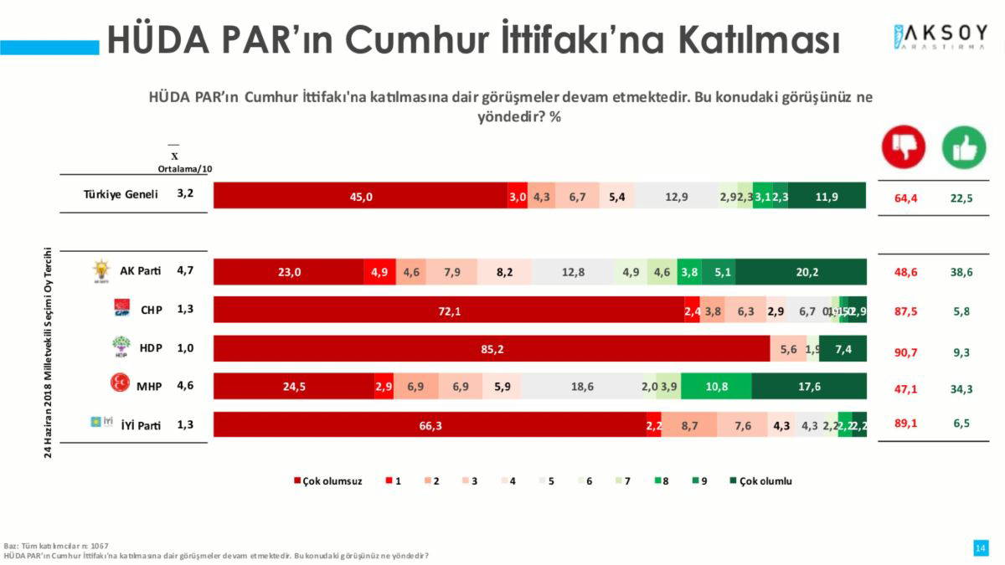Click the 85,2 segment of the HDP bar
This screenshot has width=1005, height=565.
pyautogui.click(x=492, y=349)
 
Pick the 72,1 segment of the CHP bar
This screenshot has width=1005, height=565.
pyautogui.click(x=449, y=311)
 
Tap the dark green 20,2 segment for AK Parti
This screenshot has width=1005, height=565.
pyautogui.click(x=801, y=272)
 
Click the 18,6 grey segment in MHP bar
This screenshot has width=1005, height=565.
pyautogui.click(x=582, y=387)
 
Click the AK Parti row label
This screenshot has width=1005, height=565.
pyautogui.click(x=138, y=271)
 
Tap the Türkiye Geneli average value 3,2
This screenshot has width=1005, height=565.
pyautogui.click(x=185, y=194)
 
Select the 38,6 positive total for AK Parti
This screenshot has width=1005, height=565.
pyautogui.click(x=961, y=273)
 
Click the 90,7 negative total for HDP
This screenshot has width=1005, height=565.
pyautogui.click(x=906, y=352)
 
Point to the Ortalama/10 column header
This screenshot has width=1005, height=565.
pyautogui.click(x=185, y=168)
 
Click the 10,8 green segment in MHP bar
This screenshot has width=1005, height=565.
pyautogui.click(x=716, y=387)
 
